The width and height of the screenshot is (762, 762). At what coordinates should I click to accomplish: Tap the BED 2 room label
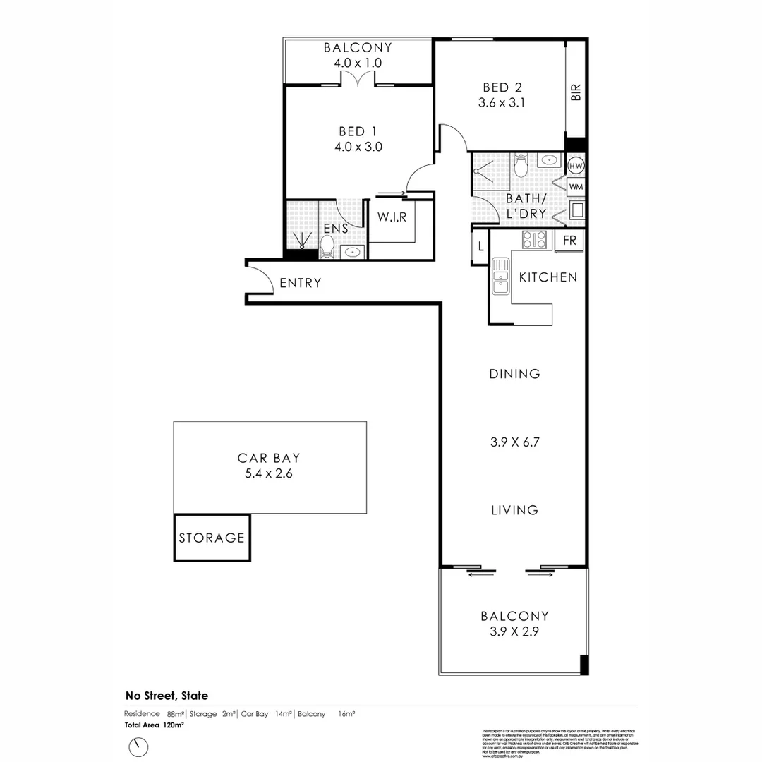[502, 87]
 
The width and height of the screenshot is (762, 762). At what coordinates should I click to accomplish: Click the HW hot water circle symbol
[576, 166]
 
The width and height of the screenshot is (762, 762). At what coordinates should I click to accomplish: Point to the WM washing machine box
[576, 187]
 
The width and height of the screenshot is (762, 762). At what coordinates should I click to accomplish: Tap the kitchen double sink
[500, 275]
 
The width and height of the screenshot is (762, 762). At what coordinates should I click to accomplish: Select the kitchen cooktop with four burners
[534, 240]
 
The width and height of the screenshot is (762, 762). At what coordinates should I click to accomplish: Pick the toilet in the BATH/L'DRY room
[521, 167]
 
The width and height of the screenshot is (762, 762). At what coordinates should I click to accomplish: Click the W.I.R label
[392, 217]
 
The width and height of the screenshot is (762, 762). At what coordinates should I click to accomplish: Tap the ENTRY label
[301, 283]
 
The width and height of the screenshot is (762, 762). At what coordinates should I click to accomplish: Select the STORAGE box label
[212, 538]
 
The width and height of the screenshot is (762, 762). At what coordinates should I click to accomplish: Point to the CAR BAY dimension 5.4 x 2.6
[269, 474]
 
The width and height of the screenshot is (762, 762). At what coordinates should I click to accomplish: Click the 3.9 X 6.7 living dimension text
[514, 443]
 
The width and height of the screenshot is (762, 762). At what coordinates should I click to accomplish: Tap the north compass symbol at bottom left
[139, 746]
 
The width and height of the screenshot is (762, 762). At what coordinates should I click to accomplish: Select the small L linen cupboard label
[480, 247]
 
